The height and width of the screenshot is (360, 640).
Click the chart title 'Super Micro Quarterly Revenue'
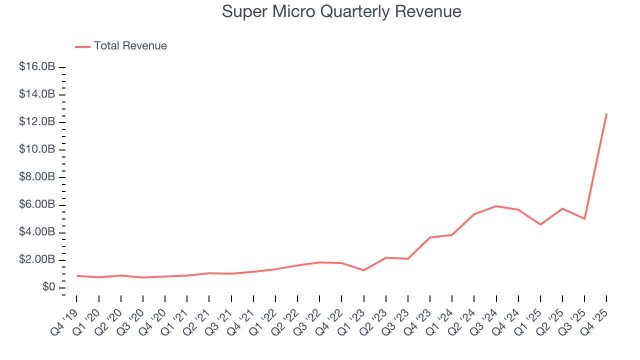click(x=341, y=11)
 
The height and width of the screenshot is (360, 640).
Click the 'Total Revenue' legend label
click(x=130, y=46)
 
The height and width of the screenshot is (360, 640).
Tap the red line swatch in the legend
click(x=82, y=46)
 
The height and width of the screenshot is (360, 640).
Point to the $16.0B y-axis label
click(x=36, y=67)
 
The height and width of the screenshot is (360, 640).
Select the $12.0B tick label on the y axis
click(x=36, y=122)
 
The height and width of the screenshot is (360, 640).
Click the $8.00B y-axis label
click(x=36, y=177)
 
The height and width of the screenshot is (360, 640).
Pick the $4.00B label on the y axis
click(x=36, y=232)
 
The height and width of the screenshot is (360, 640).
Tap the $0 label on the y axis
click(x=48, y=287)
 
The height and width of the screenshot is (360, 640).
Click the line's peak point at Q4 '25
click(x=606, y=113)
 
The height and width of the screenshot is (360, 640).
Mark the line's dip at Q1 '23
click(x=363, y=270)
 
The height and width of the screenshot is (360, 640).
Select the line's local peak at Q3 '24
click(x=496, y=206)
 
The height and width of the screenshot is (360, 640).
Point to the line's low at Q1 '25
click(x=540, y=224)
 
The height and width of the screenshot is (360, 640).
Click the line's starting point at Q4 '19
click(x=76, y=275)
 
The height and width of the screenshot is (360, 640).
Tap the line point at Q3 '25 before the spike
click(x=584, y=219)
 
